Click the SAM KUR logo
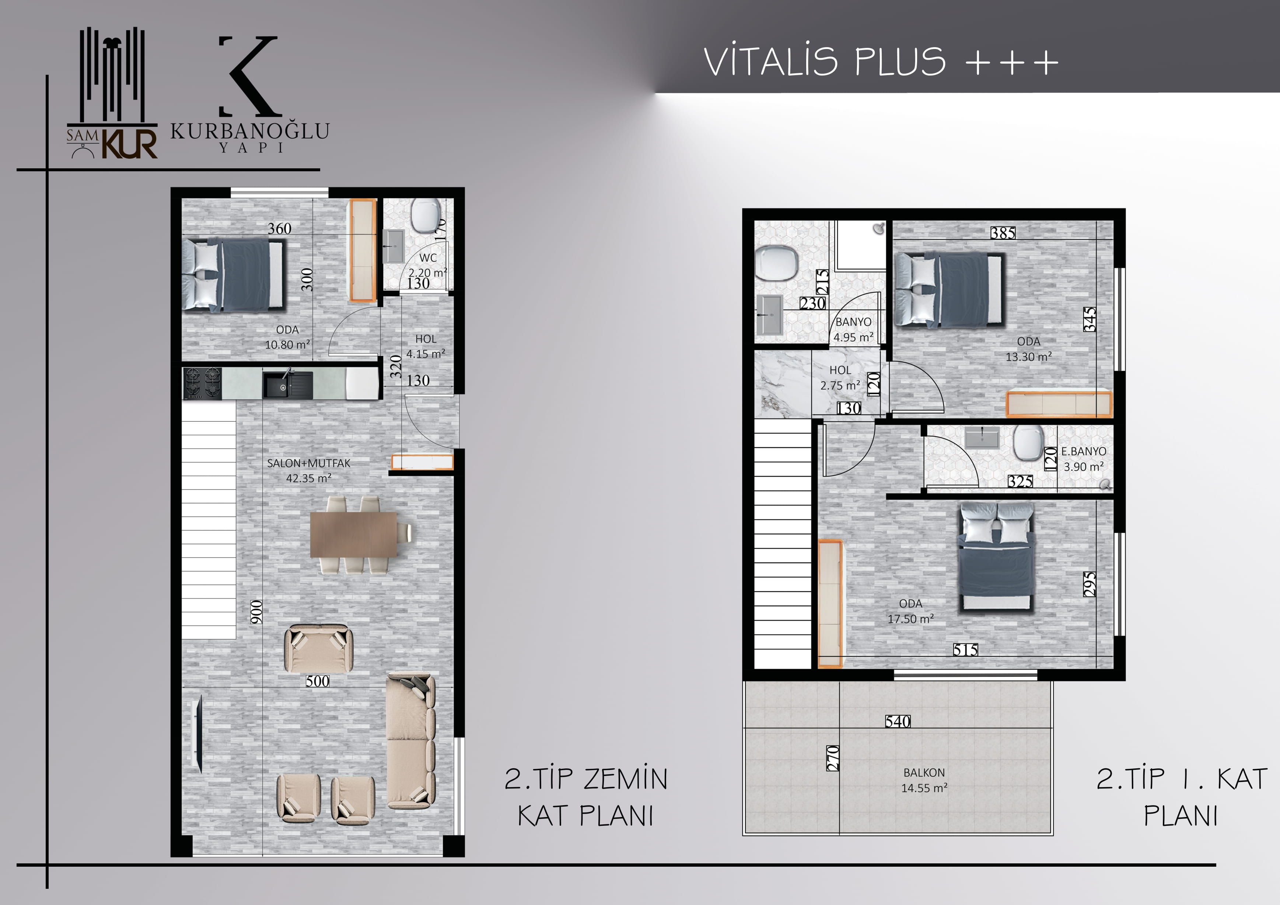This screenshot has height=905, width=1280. point(112,93)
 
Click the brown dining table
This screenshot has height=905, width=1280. point(353,534)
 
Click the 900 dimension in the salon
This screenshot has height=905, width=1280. point(256,612)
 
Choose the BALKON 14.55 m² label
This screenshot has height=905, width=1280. point(924,780)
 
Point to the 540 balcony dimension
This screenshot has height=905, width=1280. point(898,722)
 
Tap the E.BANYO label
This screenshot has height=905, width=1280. point(1084,451)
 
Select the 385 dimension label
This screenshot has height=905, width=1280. point(1003,233)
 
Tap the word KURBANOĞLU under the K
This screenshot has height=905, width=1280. point(250,131)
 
